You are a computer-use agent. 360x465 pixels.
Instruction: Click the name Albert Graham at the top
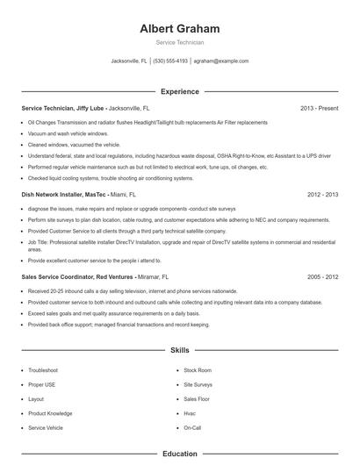pos(179,29)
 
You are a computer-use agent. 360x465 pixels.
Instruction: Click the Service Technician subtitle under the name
pos(179,42)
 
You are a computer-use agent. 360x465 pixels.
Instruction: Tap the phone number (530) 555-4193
pos(170,61)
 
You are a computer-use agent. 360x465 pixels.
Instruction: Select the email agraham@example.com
pos(221,61)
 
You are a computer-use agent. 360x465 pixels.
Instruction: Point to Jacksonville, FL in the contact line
pos(129,61)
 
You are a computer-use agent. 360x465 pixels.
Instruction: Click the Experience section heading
pos(179,91)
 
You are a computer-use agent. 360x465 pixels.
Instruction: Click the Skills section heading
pos(179,350)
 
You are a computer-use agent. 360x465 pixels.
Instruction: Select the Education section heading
pos(179,454)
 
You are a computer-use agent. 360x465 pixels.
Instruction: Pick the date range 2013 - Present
pos(319,108)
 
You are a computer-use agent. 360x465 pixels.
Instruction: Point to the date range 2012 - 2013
pos(322,193)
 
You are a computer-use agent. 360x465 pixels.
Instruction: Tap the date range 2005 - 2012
pos(322,276)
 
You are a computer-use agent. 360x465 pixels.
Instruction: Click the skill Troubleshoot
pos(43,370)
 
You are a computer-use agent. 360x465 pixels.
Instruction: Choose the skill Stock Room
pos(198,370)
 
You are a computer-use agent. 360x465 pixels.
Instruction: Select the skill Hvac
pos(190,413)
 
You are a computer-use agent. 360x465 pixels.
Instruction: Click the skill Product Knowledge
pos(50,413)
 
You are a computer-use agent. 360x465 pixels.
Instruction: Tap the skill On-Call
pos(192,427)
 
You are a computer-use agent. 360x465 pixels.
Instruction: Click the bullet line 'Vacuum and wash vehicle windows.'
pos(68,133)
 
